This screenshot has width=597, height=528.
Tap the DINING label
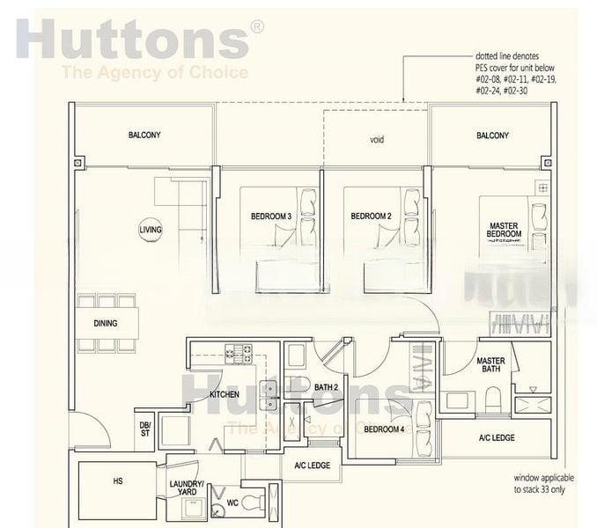coord(106,323)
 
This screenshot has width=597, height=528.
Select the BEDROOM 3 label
coord(270,216)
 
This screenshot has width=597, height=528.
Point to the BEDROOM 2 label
coord(370,216)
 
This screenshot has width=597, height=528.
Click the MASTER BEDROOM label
coord(505,230)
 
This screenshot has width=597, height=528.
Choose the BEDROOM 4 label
coord(384,429)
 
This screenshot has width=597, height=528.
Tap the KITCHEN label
coord(224,394)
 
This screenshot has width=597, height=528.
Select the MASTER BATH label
coord(490,366)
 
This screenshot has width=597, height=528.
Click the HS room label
coord(118,481)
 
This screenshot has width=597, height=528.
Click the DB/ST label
coord(145,429)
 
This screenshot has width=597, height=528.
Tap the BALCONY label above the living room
coord(144,135)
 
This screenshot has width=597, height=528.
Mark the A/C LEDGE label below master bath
coord(497,437)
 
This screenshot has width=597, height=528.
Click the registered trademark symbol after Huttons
coord(257,27)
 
